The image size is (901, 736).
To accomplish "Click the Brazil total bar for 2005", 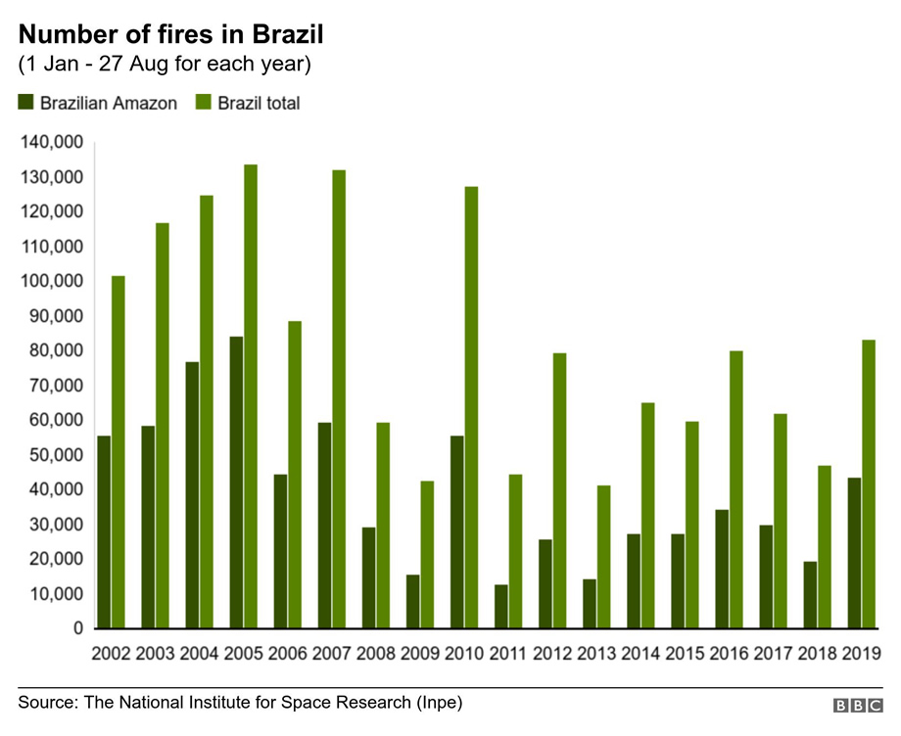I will click(x=251, y=396).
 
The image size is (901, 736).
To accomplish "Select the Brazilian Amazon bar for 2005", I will click(x=236, y=482).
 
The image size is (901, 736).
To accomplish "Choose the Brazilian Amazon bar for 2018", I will click(x=810, y=595).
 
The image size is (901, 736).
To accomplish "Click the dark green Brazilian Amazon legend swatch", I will click(x=25, y=103).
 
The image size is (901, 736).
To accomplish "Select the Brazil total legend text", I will click(x=259, y=103).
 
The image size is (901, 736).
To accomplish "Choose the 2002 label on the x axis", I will click(x=111, y=653).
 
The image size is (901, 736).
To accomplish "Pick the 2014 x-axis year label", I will click(x=640, y=653).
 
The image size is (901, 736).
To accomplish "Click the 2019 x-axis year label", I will click(x=862, y=653).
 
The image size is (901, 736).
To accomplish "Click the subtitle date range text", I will click(x=165, y=66).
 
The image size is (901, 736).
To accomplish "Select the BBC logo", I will click(x=857, y=706).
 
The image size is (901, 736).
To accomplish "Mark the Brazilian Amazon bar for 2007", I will click(x=324, y=526).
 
